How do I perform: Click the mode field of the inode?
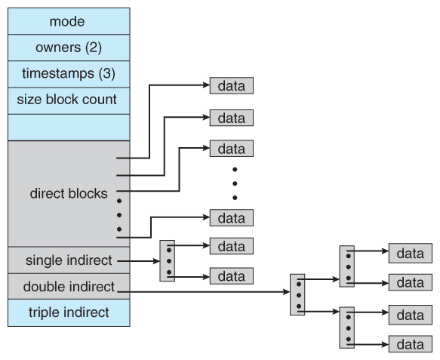point(69,21)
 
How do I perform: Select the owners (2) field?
point(69,48)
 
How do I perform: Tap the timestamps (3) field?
point(69,73)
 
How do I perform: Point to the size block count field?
point(69,100)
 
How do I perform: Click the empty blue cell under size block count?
point(69,126)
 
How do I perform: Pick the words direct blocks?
point(69,192)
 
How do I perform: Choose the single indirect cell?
point(69,260)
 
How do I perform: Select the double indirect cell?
point(69,286)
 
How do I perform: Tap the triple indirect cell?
point(69,312)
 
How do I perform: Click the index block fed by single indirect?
point(168,261)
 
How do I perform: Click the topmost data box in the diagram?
point(231,85)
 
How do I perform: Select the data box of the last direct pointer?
point(231,218)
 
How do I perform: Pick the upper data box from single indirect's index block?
point(231,245)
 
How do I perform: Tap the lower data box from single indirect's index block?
point(231,276)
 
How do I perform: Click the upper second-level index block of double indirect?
point(346,266)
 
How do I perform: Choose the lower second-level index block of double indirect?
point(346,328)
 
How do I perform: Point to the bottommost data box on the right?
point(410,344)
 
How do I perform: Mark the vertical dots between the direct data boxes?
point(235,183)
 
